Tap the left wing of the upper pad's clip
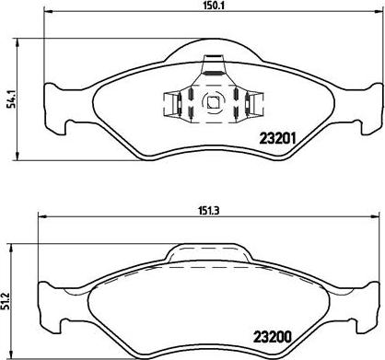pyautogui.click(x=171, y=104)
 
